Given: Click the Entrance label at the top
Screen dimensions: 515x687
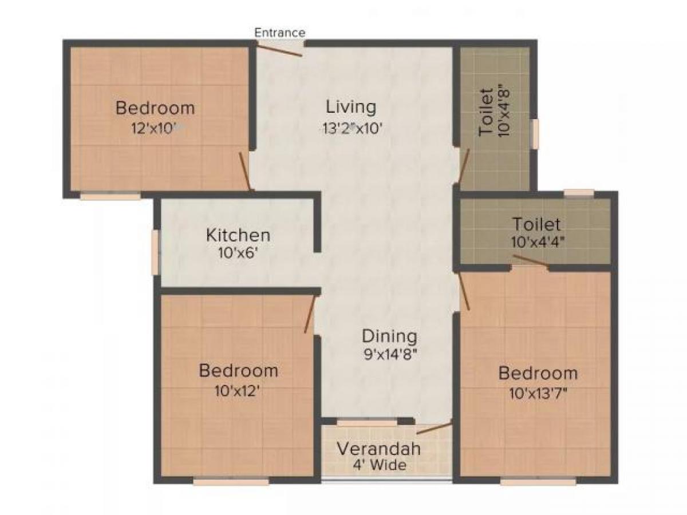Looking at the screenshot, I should (x=280, y=33).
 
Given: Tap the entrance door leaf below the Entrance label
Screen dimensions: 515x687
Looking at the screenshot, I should (x=279, y=50).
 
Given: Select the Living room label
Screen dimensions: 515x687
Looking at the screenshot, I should (x=351, y=107).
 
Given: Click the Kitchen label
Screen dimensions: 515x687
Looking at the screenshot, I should (x=238, y=235).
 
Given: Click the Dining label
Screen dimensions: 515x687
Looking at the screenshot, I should (x=389, y=335).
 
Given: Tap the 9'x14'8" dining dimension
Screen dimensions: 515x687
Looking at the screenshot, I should (x=389, y=354).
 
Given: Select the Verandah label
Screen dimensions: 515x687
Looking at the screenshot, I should (x=378, y=449).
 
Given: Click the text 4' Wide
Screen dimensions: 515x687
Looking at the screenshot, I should (x=379, y=465).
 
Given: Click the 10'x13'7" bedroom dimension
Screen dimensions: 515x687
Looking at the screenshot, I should (x=538, y=394).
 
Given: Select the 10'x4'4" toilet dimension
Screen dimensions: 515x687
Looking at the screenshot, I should (x=536, y=242).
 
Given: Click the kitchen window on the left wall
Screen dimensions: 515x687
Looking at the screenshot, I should (x=155, y=252).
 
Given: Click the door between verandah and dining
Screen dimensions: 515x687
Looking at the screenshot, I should (x=434, y=428).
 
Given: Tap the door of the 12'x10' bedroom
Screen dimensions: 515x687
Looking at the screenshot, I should (x=244, y=171).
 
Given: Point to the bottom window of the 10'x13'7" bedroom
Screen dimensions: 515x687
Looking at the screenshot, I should (x=538, y=482).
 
